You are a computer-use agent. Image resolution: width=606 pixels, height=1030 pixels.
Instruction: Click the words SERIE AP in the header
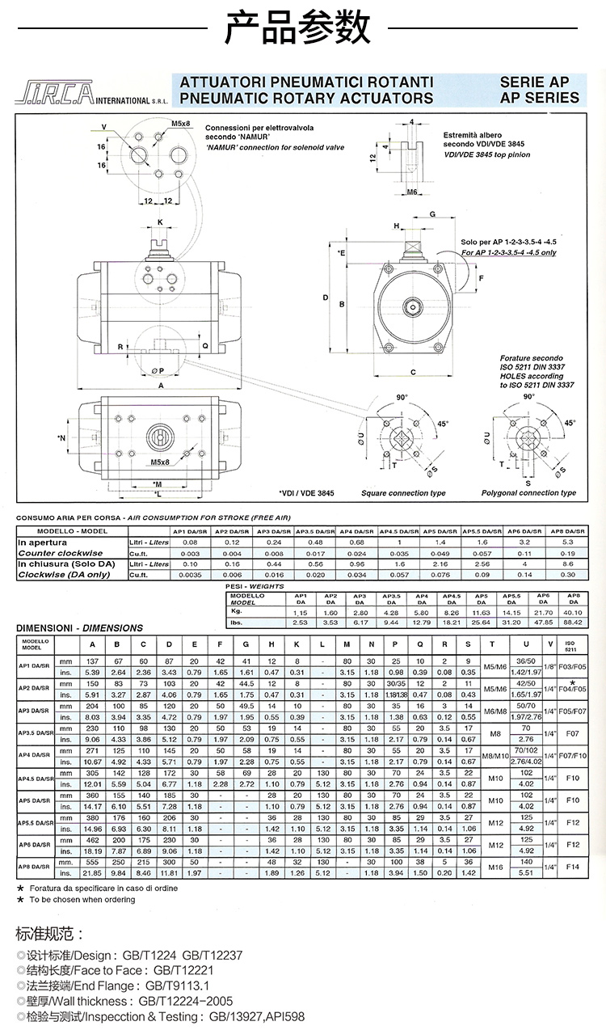[534, 82]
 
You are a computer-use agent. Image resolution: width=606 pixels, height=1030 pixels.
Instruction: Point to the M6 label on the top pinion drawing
[411, 192]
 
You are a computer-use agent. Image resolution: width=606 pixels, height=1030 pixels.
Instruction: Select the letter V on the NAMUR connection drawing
[103, 128]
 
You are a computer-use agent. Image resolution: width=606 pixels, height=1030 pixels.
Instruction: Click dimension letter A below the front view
[161, 386]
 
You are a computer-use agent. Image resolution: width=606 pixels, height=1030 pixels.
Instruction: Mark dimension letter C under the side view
[413, 373]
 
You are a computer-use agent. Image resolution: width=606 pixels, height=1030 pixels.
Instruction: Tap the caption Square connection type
[402, 493]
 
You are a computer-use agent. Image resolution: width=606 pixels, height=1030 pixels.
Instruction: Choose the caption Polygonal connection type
[528, 493]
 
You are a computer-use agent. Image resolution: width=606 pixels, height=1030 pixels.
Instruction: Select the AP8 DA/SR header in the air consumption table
[566, 531]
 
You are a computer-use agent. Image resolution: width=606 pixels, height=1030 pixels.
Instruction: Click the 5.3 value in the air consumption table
[566, 542]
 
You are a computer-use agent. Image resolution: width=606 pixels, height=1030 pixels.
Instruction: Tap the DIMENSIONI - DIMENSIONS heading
[79, 627]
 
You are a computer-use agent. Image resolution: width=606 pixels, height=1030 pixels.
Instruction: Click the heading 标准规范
[49, 935]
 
